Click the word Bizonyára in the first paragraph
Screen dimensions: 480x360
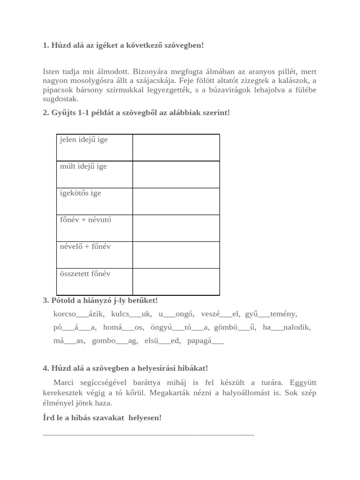point(150,72)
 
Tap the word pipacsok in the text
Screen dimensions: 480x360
point(57,90)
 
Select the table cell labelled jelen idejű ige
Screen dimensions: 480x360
point(83,140)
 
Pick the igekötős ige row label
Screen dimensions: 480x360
point(80,193)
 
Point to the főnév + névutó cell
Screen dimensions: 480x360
point(85,220)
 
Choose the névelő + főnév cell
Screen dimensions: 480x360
point(85,247)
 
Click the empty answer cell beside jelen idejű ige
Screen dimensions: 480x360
point(176,148)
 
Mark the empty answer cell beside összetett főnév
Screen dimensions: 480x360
point(176,282)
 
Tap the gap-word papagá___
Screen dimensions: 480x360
point(205,341)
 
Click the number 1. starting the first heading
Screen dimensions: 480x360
point(46,45)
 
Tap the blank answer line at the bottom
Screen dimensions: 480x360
point(148,435)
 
